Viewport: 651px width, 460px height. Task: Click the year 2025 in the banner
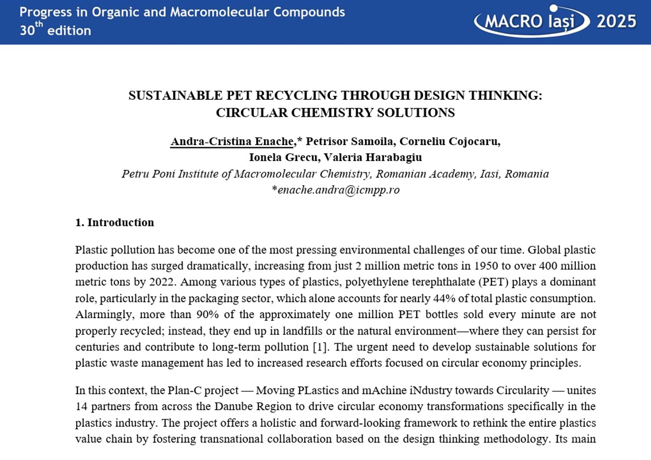(x=616, y=22)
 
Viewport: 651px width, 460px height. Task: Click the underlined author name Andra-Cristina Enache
(x=232, y=141)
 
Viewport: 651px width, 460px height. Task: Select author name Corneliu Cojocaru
(x=450, y=141)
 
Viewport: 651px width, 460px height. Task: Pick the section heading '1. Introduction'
(x=115, y=222)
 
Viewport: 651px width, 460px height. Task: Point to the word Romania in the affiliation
(x=527, y=174)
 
